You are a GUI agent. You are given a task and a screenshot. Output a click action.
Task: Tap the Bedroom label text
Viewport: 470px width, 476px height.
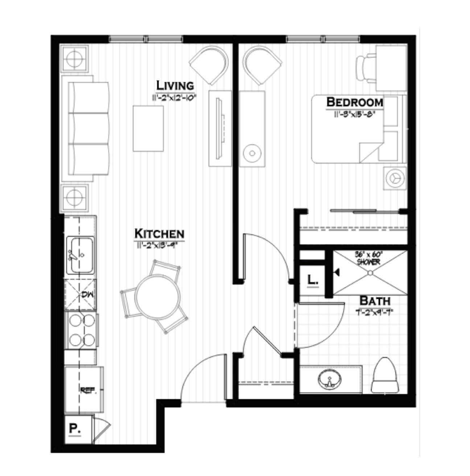(355, 103)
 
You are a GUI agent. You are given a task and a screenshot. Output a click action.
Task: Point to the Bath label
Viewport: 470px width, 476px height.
(375, 300)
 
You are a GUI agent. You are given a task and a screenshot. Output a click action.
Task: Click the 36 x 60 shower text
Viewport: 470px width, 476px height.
(368, 258)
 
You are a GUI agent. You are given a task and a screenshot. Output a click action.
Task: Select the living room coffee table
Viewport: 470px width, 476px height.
(148, 129)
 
